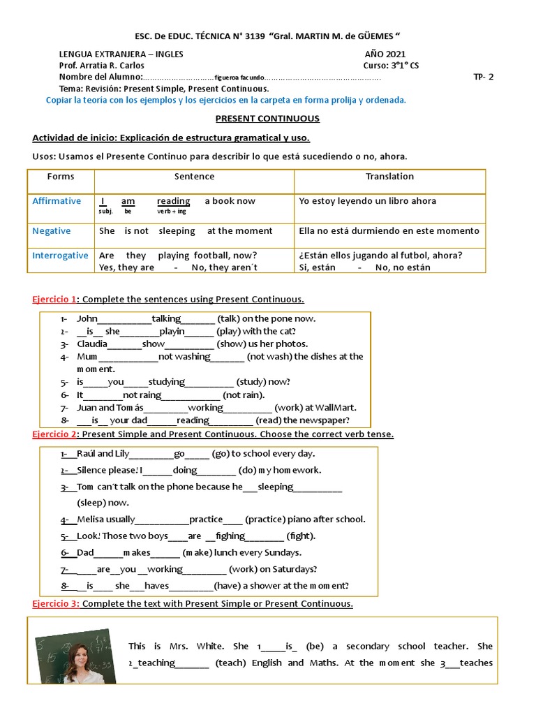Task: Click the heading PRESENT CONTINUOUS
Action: [x=267, y=119]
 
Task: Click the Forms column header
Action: [x=60, y=177]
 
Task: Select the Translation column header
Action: [x=389, y=177]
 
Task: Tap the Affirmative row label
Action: [x=57, y=201]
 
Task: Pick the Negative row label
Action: [x=51, y=231]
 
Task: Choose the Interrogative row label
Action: [x=60, y=256]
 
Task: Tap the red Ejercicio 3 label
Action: [x=55, y=603]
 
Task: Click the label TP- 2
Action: [x=483, y=78]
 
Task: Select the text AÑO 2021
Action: [x=385, y=54]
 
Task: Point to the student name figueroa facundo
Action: [x=239, y=78]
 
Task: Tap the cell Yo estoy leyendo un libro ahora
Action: [x=367, y=201]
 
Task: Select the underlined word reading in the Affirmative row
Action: [x=173, y=201]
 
